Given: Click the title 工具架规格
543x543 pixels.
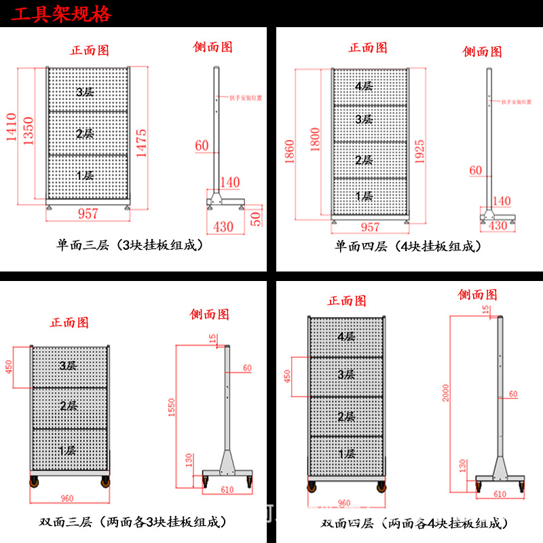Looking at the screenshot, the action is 60,14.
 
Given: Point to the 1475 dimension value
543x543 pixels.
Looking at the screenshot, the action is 141,143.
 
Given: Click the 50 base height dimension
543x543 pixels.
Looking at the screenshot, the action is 255,218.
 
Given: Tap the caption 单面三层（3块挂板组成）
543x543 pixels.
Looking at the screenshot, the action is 130,246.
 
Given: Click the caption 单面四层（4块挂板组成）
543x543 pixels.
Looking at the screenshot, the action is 408,246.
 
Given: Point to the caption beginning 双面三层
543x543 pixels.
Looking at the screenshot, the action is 132,522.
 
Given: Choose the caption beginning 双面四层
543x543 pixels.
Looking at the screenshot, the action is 414,523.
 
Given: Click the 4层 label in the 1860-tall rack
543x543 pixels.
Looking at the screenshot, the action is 364,86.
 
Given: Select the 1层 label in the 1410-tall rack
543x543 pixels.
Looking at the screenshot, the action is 85,175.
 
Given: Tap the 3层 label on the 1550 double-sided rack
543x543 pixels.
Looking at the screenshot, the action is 67,366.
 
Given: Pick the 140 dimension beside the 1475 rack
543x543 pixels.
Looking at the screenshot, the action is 231,182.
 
